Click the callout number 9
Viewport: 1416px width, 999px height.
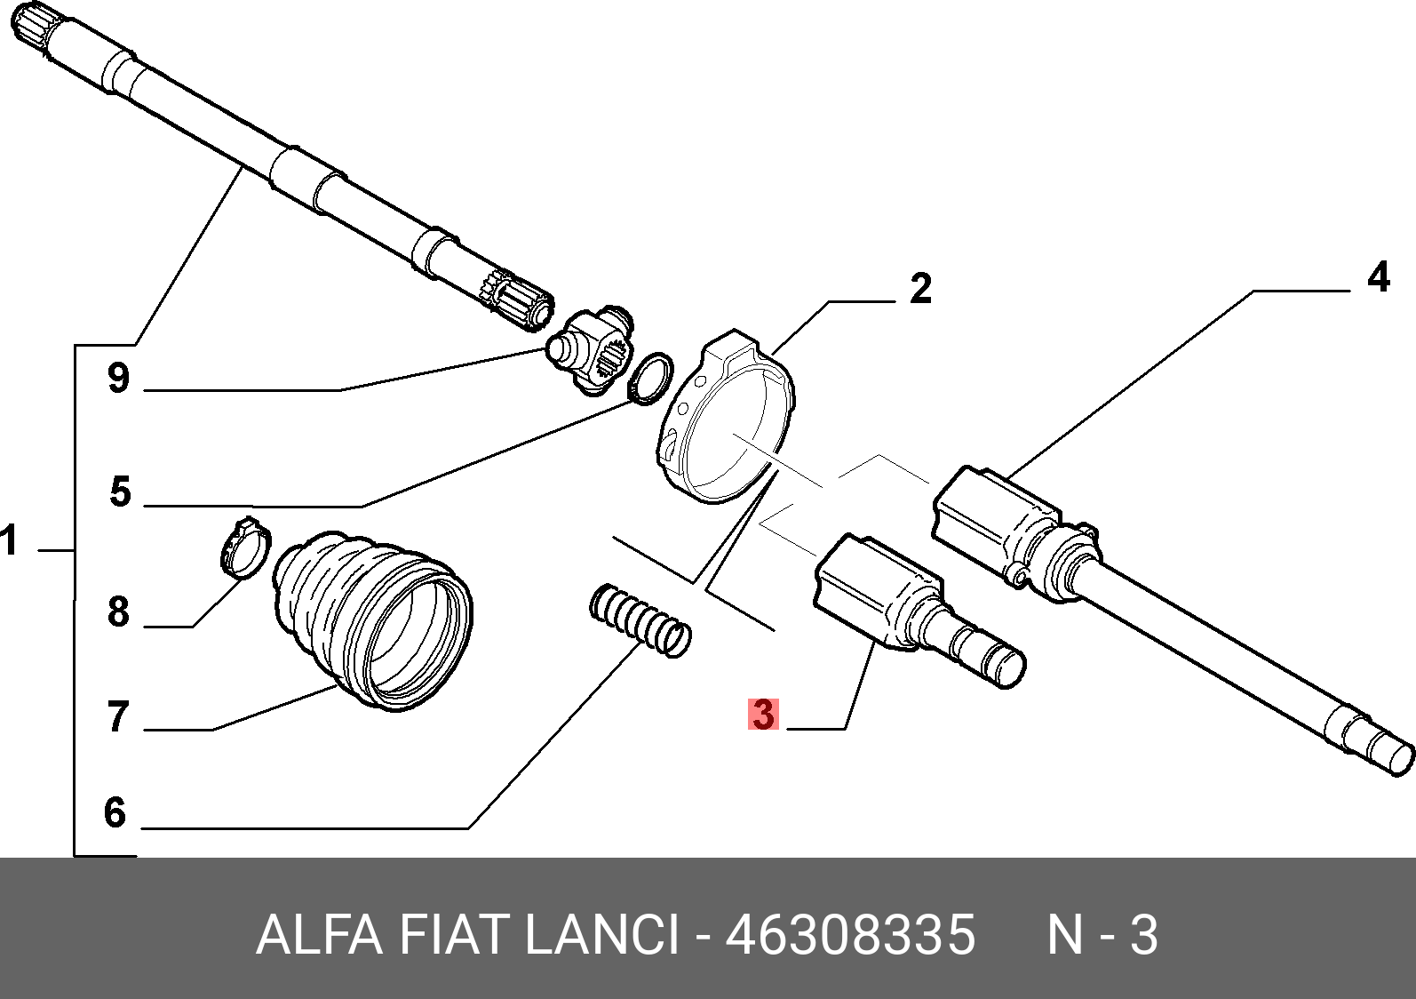click(119, 379)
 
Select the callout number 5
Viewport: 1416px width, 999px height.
click(121, 492)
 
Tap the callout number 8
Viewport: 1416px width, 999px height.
click(119, 612)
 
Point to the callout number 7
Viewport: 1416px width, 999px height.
click(119, 717)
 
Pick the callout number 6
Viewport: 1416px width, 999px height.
click(115, 812)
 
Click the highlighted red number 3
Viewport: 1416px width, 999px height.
click(763, 715)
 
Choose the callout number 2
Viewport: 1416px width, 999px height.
click(921, 289)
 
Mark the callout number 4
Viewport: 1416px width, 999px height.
click(1378, 278)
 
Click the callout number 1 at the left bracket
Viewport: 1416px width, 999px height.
click(9, 540)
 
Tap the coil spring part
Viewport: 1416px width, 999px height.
click(640, 619)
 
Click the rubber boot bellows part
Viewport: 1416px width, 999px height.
click(373, 613)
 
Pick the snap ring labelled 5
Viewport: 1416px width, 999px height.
click(650, 378)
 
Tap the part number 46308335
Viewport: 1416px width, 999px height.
click(850, 935)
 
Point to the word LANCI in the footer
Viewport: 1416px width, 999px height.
click(602, 935)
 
